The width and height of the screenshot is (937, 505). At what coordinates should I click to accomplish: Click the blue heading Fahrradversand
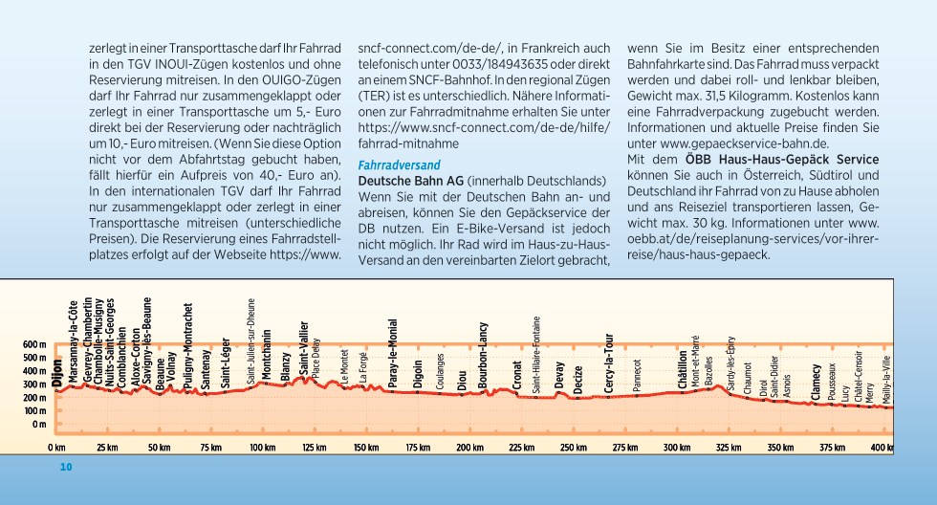tap(400, 165)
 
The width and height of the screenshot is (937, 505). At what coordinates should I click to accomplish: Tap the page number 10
tap(66, 467)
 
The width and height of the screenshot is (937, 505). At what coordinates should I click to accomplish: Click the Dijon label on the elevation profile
tap(57, 375)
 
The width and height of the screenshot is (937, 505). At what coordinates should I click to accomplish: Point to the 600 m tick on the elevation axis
tap(34, 345)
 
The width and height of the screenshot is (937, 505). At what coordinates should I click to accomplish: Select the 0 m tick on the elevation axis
tap(39, 425)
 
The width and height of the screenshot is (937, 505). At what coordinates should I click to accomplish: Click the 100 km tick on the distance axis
tap(262, 448)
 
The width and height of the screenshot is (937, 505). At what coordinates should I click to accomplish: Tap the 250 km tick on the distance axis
tap(573, 448)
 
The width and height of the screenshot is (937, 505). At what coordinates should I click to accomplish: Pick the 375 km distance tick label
tap(832, 448)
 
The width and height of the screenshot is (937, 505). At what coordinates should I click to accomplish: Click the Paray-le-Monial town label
tap(393, 355)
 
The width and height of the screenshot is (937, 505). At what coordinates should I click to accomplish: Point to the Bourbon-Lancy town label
tap(483, 356)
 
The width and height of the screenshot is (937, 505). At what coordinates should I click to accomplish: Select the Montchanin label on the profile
tap(267, 355)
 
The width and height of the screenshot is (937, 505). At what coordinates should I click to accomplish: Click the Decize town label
tap(577, 380)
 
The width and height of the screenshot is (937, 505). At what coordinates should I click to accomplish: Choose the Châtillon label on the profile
tap(683, 370)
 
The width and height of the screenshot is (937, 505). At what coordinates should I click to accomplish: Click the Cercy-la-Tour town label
tap(609, 363)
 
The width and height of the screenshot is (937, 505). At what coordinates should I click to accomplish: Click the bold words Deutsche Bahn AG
tap(410, 181)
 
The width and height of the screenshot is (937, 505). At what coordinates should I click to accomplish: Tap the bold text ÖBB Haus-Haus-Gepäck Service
tap(782, 160)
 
